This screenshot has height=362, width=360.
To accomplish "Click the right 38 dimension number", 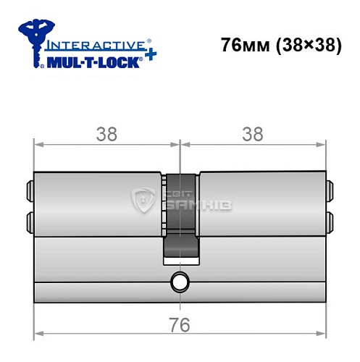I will (x=253, y=134).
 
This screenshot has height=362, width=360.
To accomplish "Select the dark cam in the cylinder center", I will (x=180, y=217).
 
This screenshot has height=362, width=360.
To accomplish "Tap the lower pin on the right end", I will (x=330, y=219).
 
